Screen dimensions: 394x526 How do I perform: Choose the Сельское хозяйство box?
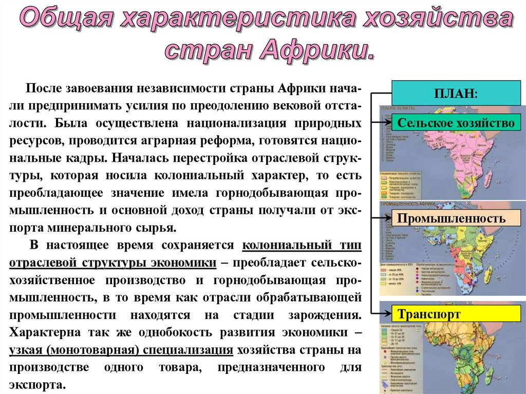point(456,124)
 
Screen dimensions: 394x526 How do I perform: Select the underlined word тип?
point(349,246)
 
